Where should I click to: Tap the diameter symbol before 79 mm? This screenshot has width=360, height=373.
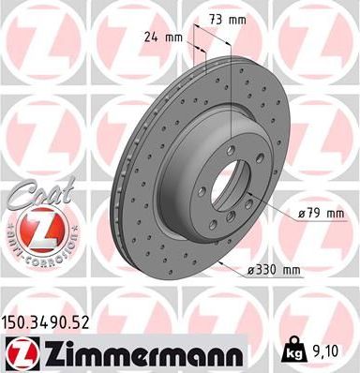tap(300, 213)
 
